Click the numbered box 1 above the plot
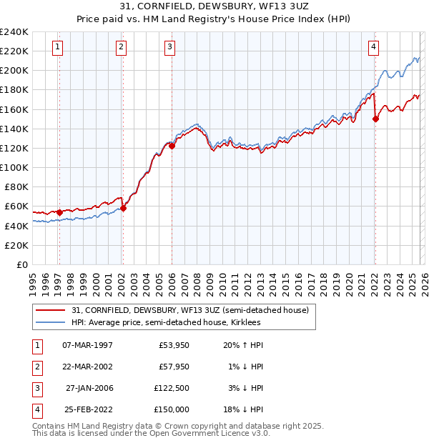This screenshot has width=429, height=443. (x=58, y=48)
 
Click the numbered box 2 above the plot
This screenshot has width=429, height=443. (x=122, y=48)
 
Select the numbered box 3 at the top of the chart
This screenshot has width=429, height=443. (x=170, y=48)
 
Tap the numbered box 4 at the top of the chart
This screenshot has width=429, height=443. (x=374, y=48)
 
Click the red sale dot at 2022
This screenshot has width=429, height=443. (x=375, y=119)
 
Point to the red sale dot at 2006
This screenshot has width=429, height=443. (x=172, y=146)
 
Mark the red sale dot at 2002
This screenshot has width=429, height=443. (x=123, y=208)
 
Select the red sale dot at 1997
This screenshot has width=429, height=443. (x=59, y=212)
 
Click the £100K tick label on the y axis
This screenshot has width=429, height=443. (x=14, y=167)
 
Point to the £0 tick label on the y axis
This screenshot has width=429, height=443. (x=21, y=264)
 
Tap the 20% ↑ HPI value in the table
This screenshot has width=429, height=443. (x=243, y=344)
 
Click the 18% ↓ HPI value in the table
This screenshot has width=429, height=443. (x=243, y=409)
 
